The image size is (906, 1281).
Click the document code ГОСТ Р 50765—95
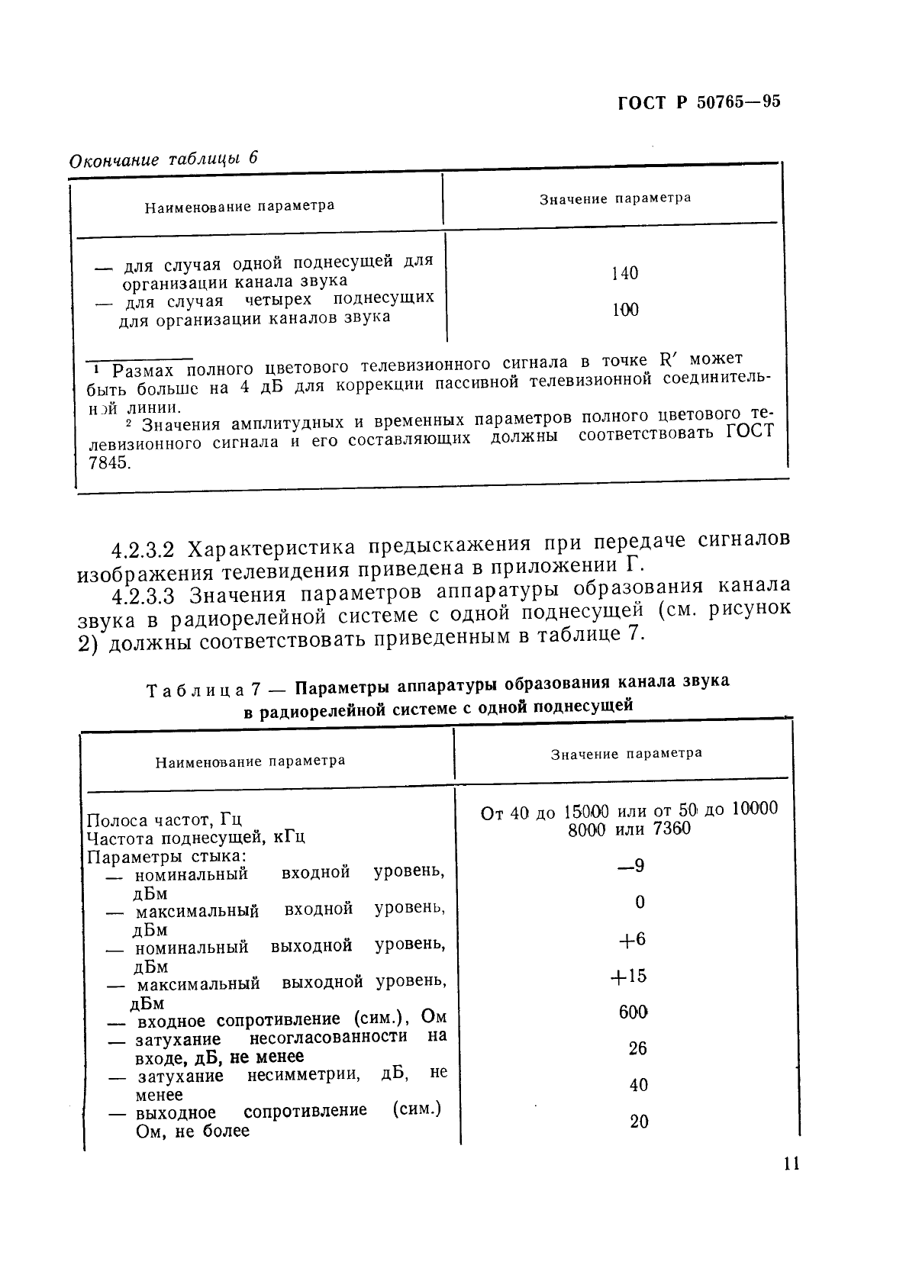click(698, 104)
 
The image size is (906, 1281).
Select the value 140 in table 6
click(624, 273)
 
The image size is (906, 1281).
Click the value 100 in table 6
click(625, 310)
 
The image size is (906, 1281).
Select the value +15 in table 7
click(629, 976)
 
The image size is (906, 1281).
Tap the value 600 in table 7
click(633, 1012)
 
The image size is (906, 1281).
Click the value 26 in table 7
click(637, 1048)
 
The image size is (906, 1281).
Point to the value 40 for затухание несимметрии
click(638, 1085)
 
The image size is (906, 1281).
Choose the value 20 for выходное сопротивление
click(639, 1122)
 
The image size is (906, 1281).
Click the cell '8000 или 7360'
click(629, 829)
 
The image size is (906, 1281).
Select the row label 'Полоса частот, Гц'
click(164, 820)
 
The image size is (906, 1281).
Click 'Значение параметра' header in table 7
click(626, 754)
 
